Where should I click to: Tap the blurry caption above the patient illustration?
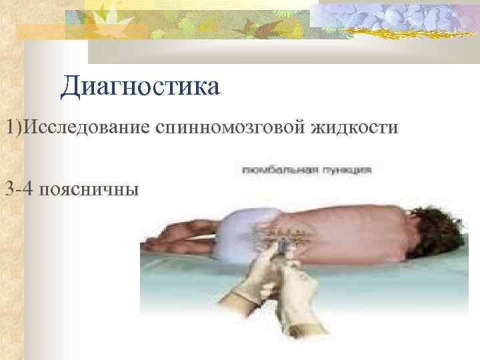pyautogui.click(x=307, y=171)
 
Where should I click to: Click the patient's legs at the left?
pyautogui.click(x=183, y=230)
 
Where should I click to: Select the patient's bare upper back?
pyautogui.click(x=360, y=227)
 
